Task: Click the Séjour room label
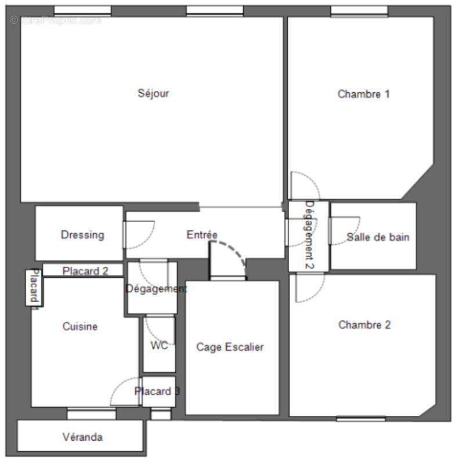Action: point(153,93)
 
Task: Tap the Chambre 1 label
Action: point(363,94)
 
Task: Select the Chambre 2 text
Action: point(364,325)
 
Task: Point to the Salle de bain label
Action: point(378,237)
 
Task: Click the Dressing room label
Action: point(82,235)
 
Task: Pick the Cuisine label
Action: point(80,327)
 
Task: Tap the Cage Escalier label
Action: point(230,347)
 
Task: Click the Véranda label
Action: point(82,437)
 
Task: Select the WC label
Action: point(159,346)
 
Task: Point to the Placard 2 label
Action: point(85,270)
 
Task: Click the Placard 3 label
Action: point(157,391)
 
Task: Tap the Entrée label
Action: point(201,235)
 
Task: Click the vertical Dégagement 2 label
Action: point(309,235)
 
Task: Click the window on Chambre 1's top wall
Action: point(359,10)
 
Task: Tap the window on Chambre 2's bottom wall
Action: point(360,419)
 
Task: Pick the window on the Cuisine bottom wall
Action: point(91,413)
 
